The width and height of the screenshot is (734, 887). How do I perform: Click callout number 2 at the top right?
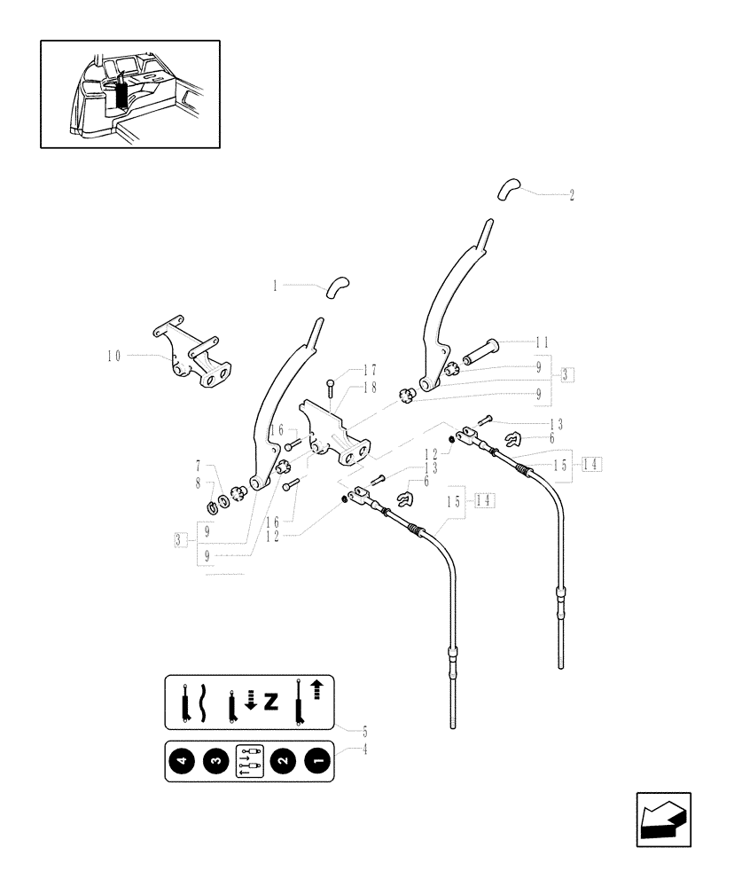point(572,195)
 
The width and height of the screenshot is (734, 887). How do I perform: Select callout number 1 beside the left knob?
point(275,286)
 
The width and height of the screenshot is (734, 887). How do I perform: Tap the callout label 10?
point(113,356)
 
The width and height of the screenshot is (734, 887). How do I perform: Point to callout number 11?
point(543,341)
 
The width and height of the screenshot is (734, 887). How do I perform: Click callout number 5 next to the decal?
point(364,732)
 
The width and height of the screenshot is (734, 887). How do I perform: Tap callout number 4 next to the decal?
point(364,749)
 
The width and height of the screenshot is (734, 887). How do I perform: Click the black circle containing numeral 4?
point(183,760)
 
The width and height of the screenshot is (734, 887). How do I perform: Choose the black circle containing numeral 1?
point(316,760)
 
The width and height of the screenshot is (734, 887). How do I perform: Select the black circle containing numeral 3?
point(215,760)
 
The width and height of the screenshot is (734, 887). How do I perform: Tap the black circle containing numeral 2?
point(283,760)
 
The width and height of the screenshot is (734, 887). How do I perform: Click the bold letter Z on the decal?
point(270,703)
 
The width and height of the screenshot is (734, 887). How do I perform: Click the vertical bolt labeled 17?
point(329,387)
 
